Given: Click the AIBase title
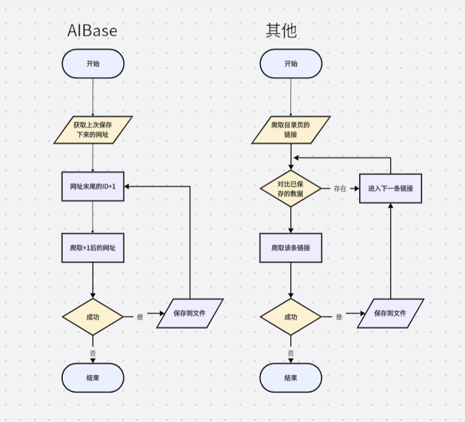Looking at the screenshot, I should tap(92, 30).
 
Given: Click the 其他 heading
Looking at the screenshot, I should tap(281, 30).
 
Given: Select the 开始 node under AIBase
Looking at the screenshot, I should tap(93, 63).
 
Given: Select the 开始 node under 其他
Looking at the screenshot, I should tap(291, 63).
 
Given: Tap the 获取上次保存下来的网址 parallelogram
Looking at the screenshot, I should tap(93, 130).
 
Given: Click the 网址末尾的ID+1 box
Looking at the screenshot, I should tap(93, 186).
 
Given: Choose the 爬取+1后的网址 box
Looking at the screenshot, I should tap(93, 248).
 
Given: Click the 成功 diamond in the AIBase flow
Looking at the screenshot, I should tap(93, 316).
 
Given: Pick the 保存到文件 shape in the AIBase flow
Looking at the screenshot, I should tap(190, 313).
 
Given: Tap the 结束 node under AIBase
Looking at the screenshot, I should tap(93, 378).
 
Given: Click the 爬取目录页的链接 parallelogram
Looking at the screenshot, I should tap(291, 130).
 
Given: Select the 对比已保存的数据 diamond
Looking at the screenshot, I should tap(291, 188).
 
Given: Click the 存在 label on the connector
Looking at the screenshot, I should tap(340, 188).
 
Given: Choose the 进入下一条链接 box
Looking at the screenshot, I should tap(390, 188).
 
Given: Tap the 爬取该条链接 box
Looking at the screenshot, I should tap(291, 248).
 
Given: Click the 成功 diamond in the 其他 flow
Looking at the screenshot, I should tap(291, 316).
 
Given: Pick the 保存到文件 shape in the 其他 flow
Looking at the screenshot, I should tap(390, 313).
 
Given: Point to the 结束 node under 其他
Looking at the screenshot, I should tap(291, 378).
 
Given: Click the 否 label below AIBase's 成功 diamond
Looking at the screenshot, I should tap(93, 353).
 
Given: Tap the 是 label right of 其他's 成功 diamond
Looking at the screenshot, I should tap(339, 317).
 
